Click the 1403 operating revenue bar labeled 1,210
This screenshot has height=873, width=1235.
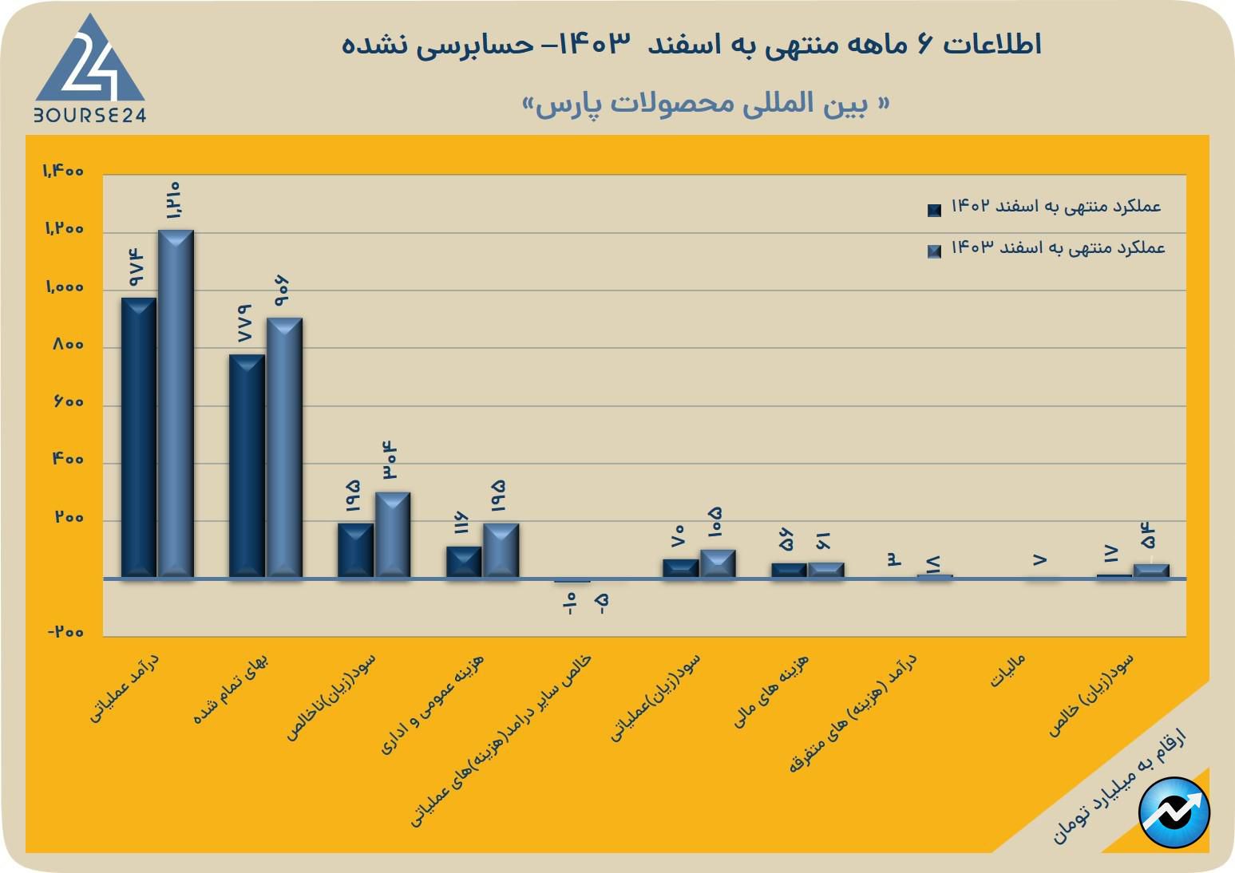176,403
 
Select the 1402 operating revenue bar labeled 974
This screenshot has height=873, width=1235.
138,437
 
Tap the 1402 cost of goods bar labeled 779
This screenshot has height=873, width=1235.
247,465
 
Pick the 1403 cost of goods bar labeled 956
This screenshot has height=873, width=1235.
284,447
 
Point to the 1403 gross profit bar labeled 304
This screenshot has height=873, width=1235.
393,535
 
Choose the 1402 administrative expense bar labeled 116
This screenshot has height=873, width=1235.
464,562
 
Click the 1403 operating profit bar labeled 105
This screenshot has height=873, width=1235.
718,563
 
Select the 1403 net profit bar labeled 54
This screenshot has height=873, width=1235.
1151,571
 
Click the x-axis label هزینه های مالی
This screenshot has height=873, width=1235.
771,691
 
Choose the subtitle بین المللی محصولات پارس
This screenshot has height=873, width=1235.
706,105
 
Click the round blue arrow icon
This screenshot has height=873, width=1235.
1174,812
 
